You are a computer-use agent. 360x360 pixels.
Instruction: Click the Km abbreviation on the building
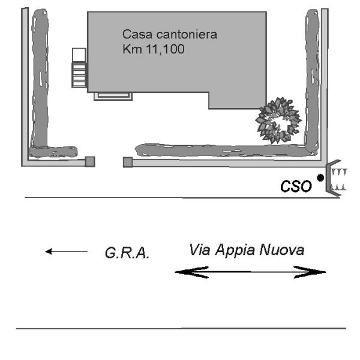[x=130, y=49]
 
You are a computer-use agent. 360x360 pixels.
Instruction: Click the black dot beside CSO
[x=320, y=178]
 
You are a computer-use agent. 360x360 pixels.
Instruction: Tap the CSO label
[x=296, y=187]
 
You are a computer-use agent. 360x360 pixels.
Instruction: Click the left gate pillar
[x=90, y=161]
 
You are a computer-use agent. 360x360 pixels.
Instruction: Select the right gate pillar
[x=127, y=161]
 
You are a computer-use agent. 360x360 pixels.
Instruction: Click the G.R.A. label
[x=123, y=254]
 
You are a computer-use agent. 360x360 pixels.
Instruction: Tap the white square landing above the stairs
[x=79, y=55]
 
